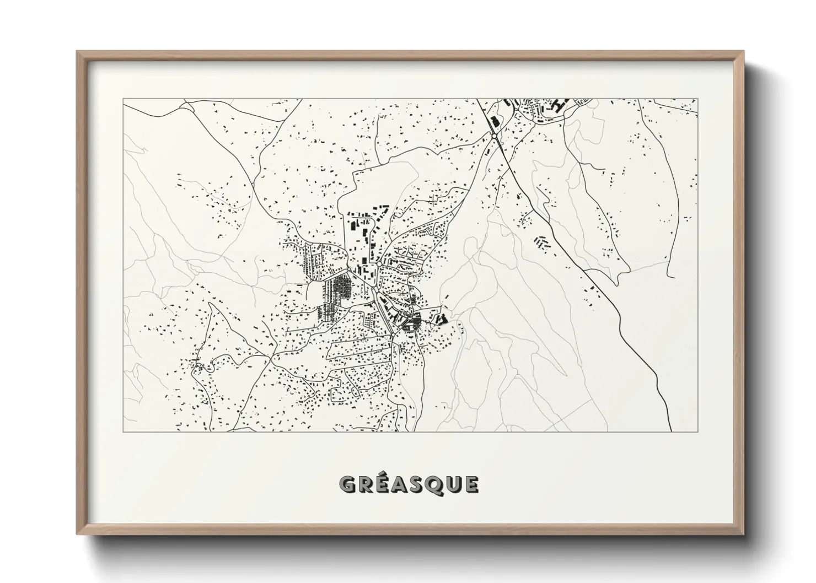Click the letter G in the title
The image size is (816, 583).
pyautogui.click(x=348, y=484)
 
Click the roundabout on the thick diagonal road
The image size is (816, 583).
pyautogui.click(x=495, y=135)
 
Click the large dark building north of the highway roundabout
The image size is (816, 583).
pyautogui.click(x=495, y=122)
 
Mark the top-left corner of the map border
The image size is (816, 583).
pyautogui.click(x=123, y=99)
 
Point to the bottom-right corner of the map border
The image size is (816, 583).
pyautogui.click(x=698, y=431)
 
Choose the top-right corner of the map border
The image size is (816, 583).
pyautogui.click(x=698, y=99)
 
